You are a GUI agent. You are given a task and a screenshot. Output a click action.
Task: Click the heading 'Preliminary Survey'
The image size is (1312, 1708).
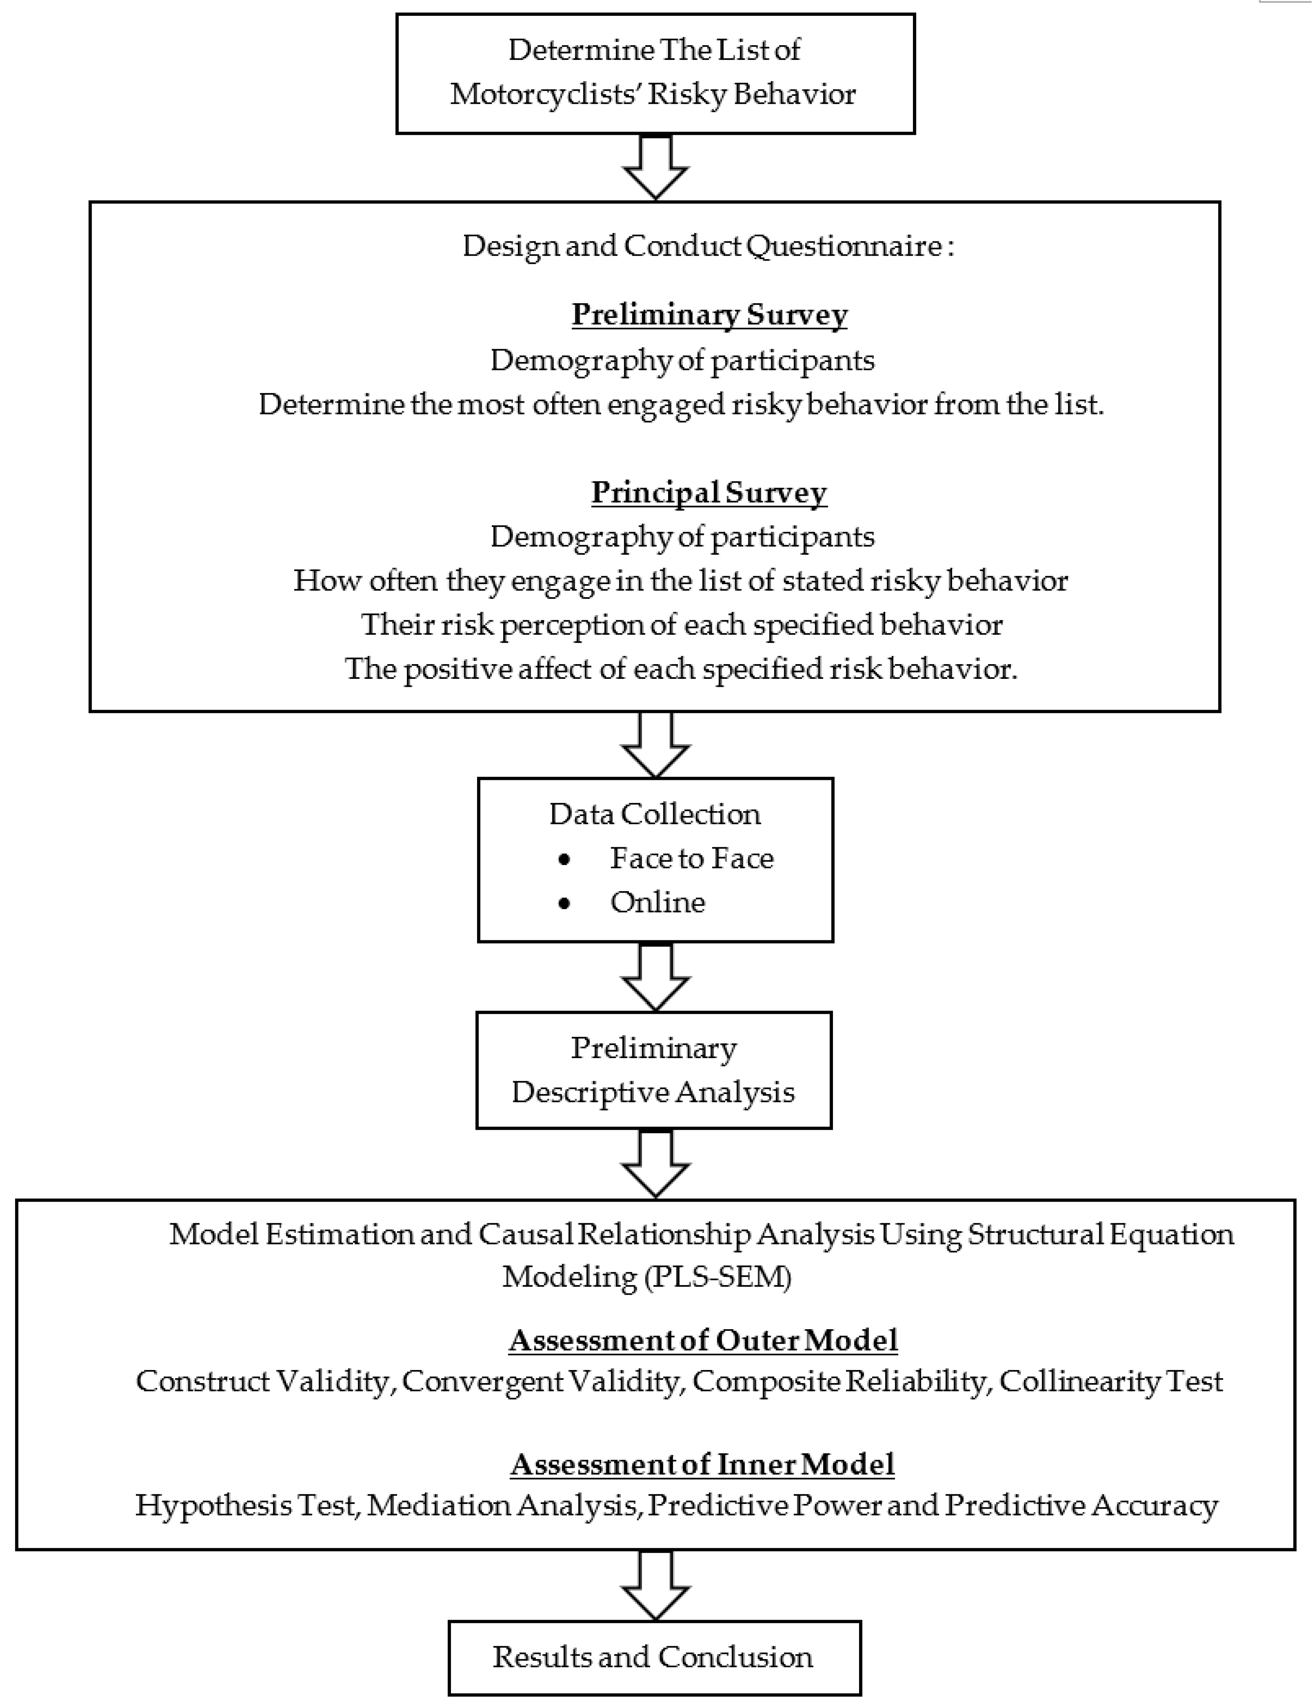(709, 315)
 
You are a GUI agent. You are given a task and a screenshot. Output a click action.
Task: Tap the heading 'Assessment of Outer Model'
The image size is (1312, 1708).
(703, 1340)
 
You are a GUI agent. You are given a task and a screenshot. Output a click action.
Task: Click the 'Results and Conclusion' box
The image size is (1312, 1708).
(655, 1657)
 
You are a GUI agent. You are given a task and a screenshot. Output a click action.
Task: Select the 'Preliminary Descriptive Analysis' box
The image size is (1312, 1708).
(654, 1070)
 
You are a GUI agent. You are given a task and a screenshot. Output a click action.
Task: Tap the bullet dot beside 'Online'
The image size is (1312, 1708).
(564, 904)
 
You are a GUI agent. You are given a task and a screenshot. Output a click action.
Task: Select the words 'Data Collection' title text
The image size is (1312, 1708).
(655, 814)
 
